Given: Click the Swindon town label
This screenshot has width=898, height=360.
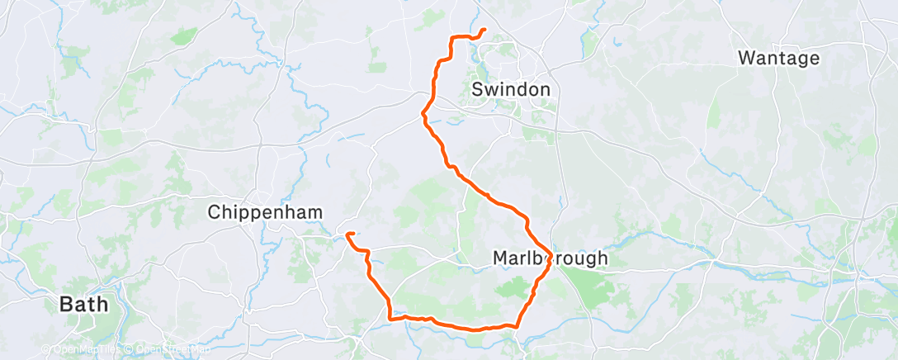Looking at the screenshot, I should (511, 88).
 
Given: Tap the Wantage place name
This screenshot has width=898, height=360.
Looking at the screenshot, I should (779, 58).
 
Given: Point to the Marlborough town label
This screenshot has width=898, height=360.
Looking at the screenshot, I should (550, 258).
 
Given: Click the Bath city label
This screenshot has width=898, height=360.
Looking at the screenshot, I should (84, 305).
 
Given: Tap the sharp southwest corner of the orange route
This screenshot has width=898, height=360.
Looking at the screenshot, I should (389, 317).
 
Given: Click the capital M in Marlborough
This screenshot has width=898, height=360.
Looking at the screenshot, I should (500, 258).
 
